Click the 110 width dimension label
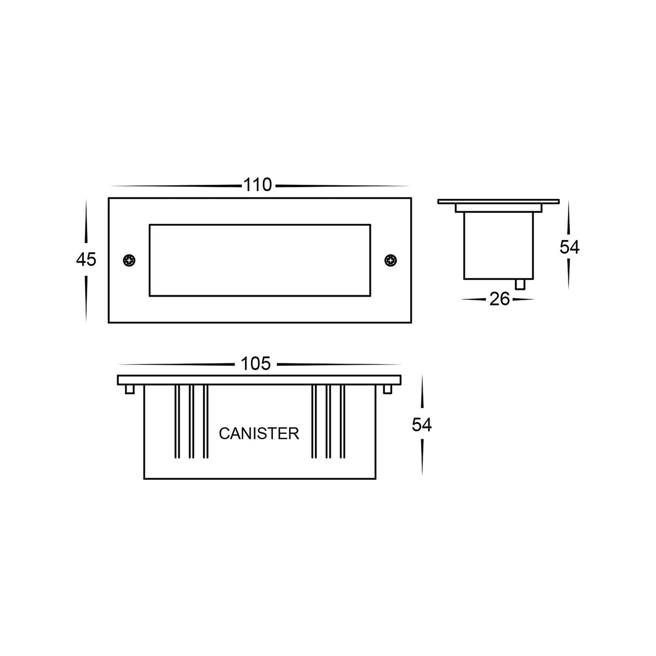coord(257,185)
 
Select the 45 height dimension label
coord(86,260)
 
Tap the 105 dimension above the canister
coord(256,364)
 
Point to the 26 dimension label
coord(499,299)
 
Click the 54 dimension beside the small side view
coord(569,247)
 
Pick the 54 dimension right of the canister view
coord(422,425)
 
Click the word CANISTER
coord(259,433)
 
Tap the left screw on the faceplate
coord(129,260)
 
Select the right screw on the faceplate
coord(390,260)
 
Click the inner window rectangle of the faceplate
coord(259,260)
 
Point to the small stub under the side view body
coord(520,284)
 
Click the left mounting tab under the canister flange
coord(130,390)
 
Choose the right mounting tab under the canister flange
coord(387,390)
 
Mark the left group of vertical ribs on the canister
coord(191,421)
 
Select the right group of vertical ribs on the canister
coord(327,421)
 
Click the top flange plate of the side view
coord(498,202)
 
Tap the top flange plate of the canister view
coord(259,380)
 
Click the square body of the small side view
coord(498,246)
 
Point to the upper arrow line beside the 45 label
coord(86,225)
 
